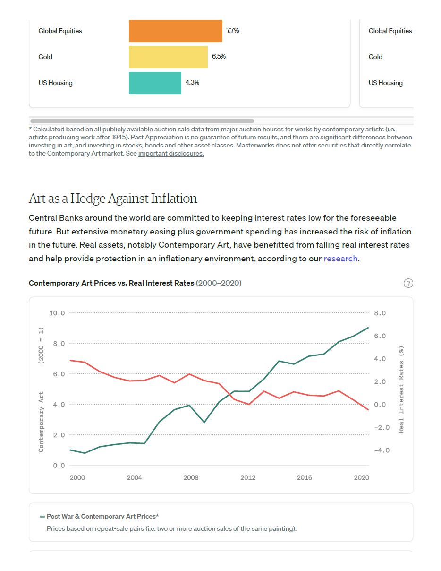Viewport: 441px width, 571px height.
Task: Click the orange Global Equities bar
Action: pyautogui.click(x=175, y=31)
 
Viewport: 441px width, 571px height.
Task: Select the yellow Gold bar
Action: pyautogui.click(x=168, y=57)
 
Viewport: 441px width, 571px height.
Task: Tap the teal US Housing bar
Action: pyautogui.click(x=155, y=83)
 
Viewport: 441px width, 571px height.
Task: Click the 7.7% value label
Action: pyautogui.click(x=233, y=30)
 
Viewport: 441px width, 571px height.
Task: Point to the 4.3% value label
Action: pyautogui.click(x=192, y=82)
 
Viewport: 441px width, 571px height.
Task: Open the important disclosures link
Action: pyautogui.click(x=171, y=154)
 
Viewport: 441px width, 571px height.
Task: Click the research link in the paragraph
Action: pyautogui.click(x=340, y=259)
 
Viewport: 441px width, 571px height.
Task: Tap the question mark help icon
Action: pyautogui.click(x=408, y=283)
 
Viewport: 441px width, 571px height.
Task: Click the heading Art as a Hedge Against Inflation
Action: pyautogui.click(x=113, y=198)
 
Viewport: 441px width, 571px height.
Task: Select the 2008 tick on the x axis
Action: pyautogui.click(x=191, y=477)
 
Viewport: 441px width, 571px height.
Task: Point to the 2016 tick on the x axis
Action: pyautogui.click(x=304, y=477)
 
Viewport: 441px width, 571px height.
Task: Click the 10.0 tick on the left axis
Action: pyautogui.click(x=57, y=313)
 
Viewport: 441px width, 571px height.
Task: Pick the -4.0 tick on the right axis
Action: pyautogui.click(x=382, y=450)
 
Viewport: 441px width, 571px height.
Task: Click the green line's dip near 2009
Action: pyautogui.click(x=204, y=422)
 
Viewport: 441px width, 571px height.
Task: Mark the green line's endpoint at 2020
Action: pyautogui.click(x=368, y=327)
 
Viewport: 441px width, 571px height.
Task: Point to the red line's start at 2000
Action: pyautogui.click(x=70, y=361)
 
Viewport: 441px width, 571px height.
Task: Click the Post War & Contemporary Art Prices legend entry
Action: pyautogui.click(x=102, y=516)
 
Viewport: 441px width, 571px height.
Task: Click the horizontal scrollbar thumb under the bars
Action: pyautogui.click(x=142, y=121)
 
